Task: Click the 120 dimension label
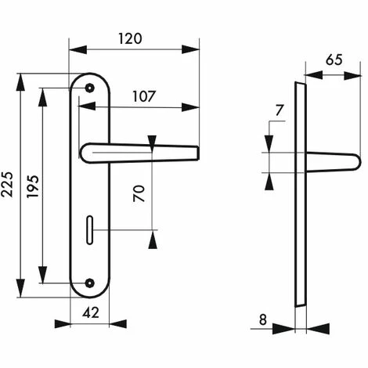coord(130,38)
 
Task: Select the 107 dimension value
coord(144,96)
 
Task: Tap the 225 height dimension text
coord(7,184)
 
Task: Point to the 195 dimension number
coord(33,186)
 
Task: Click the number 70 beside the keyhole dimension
coord(139,193)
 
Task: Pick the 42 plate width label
coord(91,312)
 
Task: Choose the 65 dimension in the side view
coord(334,60)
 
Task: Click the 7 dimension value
coord(280,110)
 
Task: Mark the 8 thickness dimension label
coord(263,319)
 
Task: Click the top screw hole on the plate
coord(90,88)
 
